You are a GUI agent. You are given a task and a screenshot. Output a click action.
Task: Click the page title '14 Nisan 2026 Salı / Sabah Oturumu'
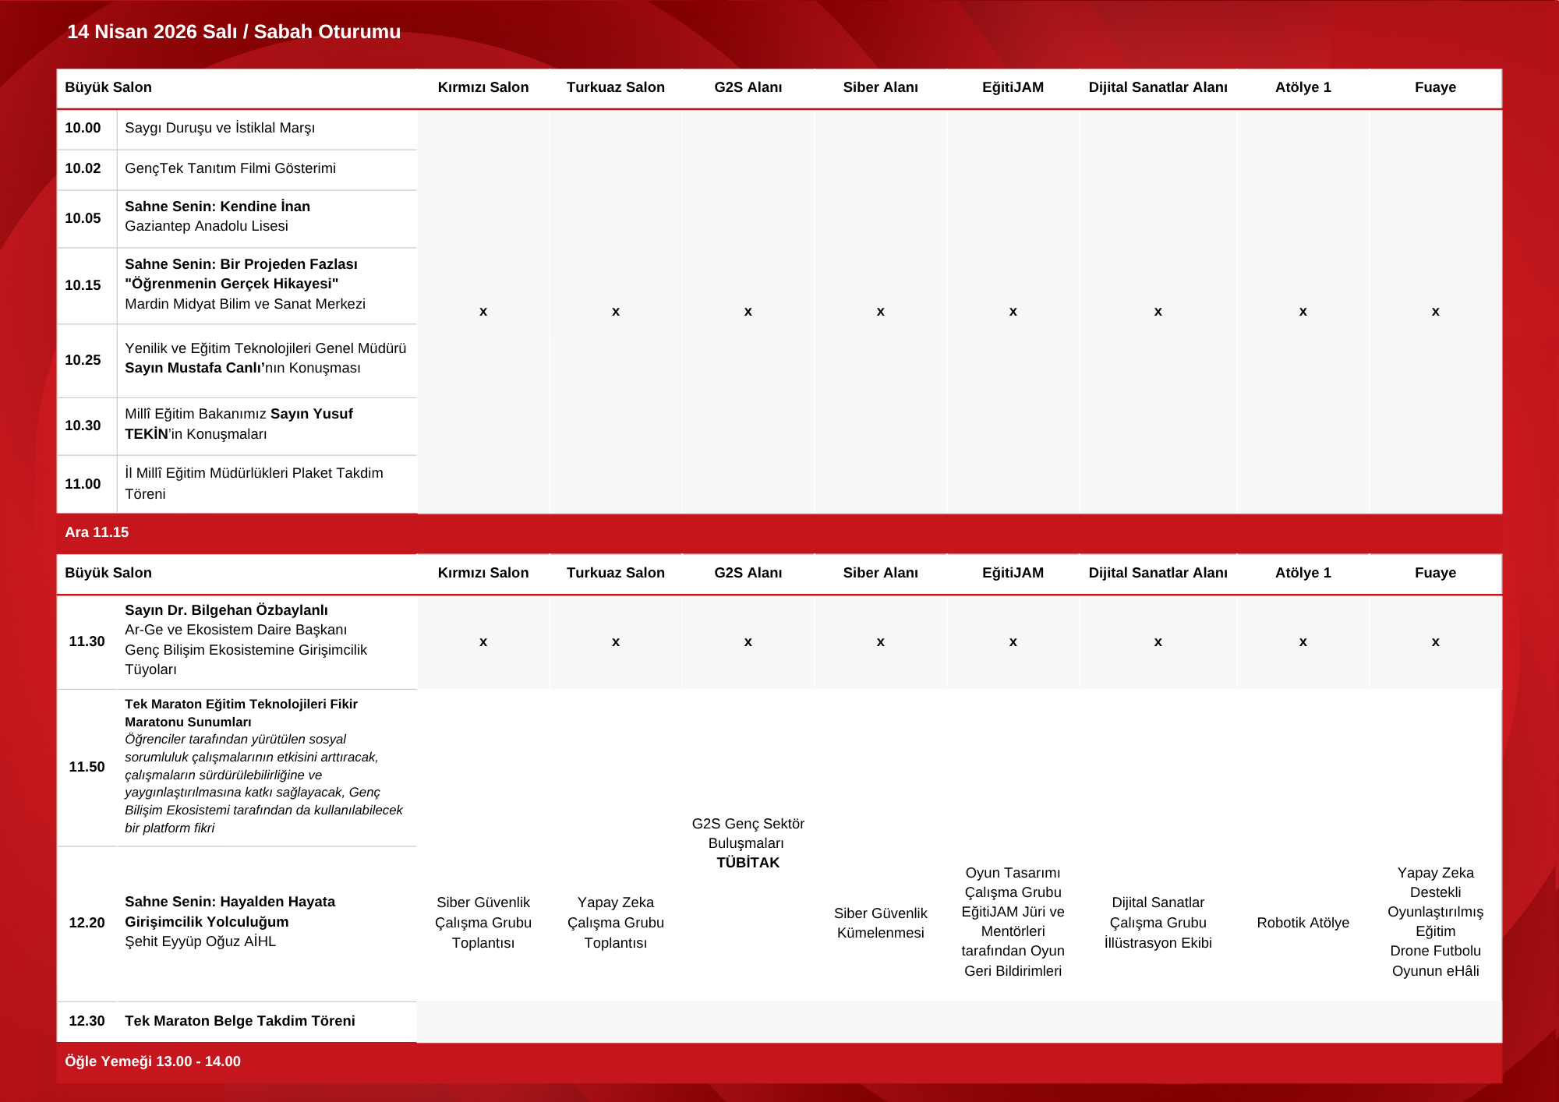pos(234,32)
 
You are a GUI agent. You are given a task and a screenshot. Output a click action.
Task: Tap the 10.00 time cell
pos(83,128)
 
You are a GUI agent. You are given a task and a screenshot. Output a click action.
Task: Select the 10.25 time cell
pos(83,360)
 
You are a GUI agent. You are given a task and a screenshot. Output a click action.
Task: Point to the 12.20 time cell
pos(87,923)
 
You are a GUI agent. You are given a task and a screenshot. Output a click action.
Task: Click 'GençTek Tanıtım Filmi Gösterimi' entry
pos(230,168)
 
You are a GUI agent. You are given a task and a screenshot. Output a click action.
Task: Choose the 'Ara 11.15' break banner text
pos(97,532)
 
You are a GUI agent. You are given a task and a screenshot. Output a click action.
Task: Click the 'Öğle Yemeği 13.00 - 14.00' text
pos(153,1061)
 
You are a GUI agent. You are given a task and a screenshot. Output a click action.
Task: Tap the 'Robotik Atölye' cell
pos(1303,923)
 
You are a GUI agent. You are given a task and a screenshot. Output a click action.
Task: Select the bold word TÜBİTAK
pos(748,863)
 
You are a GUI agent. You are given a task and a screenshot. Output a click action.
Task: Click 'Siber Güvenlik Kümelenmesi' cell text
pos(880,923)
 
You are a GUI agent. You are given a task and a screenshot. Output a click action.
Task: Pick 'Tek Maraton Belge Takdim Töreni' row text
pos(239,1021)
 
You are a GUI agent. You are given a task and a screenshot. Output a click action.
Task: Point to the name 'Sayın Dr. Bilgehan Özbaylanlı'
pos(226,610)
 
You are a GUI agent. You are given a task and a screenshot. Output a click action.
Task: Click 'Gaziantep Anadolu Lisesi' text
pos(207,226)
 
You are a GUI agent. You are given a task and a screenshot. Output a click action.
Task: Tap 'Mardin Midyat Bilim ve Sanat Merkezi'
pos(245,304)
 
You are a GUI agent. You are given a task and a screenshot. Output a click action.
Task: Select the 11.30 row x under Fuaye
pos(1435,642)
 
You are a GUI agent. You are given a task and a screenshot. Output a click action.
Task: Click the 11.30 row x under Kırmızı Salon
pos(483,642)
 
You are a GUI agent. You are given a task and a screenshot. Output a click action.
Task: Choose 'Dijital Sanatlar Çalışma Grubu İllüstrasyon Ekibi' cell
pos(1158,923)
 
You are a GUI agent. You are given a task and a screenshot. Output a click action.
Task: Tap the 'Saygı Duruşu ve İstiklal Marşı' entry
pos(220,128)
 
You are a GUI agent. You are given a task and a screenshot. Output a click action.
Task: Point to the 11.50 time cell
pos(87,767)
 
